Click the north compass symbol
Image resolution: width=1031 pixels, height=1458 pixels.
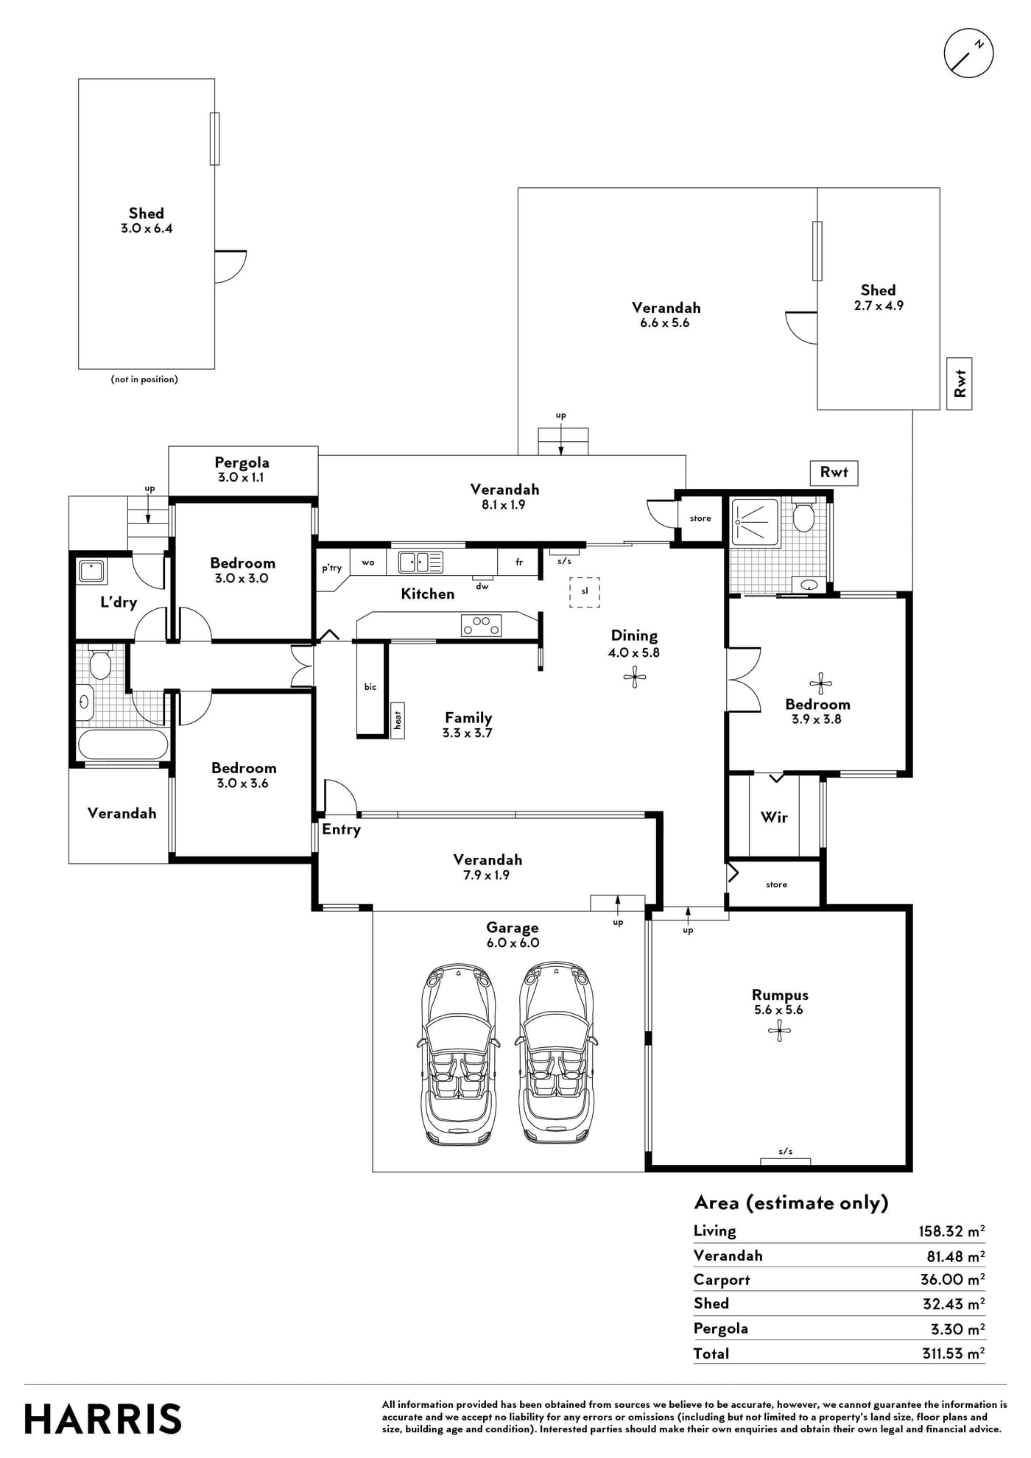tap(968, 54)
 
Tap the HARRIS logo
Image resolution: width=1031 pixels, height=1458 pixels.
tap(103, 1419)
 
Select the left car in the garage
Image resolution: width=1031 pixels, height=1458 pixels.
tap(458, 1053)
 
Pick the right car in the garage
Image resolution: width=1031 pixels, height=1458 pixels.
tap(557, 1053)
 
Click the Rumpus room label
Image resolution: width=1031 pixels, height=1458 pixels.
tap(779, 995)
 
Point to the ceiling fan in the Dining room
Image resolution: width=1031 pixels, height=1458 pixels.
tap(634, 677)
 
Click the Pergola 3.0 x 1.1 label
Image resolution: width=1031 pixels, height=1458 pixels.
tap(242, 469)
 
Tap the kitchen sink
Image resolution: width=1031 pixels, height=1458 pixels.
tap(421, 562)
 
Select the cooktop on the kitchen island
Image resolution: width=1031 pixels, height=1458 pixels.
tap(481, 625)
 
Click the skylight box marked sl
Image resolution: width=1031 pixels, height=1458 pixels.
tap(585, 592)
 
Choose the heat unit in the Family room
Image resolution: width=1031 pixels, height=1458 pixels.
tap(398, 719)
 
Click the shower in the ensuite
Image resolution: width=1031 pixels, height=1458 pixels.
tap(756, 523)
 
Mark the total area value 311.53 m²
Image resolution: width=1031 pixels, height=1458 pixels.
tap(954, 1353)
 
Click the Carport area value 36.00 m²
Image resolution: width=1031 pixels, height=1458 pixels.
tap(953, 1279)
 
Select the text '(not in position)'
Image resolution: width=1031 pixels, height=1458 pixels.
tap(144, 379)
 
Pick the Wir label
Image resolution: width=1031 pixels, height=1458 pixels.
tap(774, 817)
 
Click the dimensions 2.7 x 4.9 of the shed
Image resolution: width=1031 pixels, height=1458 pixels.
tap(879, 306)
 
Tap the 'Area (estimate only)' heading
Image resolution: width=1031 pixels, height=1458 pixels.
tap(791, 1202)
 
